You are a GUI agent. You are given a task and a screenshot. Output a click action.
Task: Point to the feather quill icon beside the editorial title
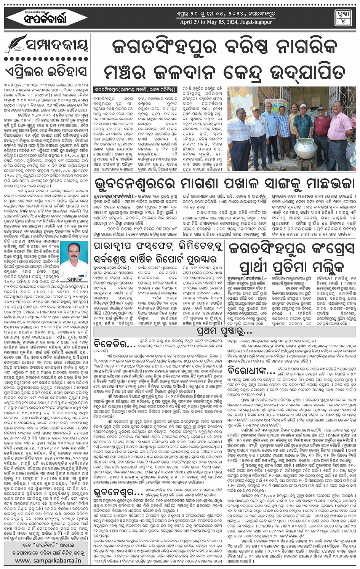(x=15, y=44)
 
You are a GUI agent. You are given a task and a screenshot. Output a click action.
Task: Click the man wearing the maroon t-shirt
(x=322, y=131)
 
